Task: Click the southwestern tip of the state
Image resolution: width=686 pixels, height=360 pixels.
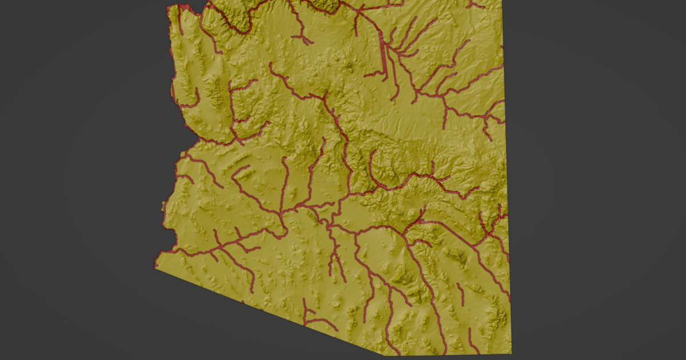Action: pos(156,267)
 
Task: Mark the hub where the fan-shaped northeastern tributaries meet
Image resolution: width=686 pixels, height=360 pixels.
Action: pos(391,49)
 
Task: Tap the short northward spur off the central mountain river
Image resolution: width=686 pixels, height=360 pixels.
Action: pos(433,169)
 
